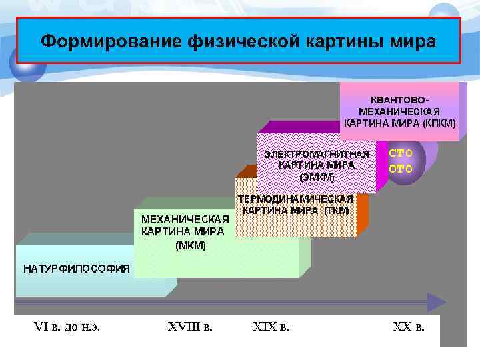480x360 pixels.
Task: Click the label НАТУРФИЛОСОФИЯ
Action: pos(77,269)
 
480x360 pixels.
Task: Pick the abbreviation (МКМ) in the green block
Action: pos(191,245)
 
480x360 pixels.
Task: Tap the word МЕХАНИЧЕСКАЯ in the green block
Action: pos(185,219)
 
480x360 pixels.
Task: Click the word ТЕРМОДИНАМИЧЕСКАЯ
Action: pos(296,199)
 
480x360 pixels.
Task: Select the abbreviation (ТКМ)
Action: pos(337,210)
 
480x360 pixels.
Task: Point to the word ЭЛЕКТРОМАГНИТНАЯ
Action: pos(317,154)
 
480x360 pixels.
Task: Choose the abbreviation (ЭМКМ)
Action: pos(317,177)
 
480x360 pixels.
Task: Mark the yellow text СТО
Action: pos(401,153)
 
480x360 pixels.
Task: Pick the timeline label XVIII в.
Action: pos(191,327)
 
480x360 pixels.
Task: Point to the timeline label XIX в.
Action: pos(271,327)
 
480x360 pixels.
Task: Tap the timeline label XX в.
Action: pos(409,327)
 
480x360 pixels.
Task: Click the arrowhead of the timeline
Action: pos(436,303)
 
